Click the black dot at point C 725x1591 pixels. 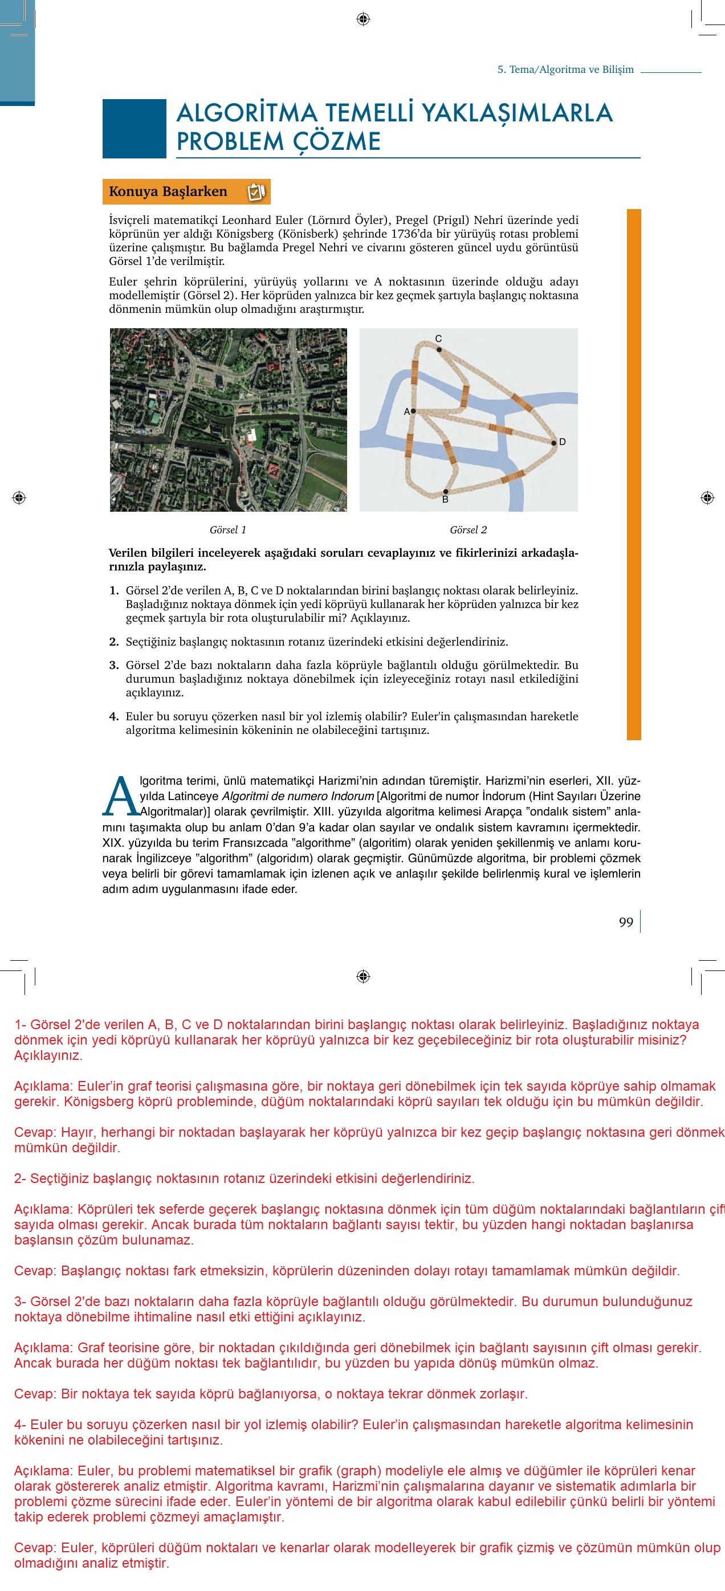[439, 349]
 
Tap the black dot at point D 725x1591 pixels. [554, 442]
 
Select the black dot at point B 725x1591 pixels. [445, 492]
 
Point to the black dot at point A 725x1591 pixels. [413, 411]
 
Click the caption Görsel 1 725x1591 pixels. [228, 530]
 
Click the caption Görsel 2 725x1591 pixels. [468, 530]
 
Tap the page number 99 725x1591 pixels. [626, 922]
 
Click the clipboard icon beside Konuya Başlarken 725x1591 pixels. [256, 192]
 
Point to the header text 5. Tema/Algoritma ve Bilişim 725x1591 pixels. [565, 69]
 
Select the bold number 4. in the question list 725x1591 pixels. [113, 716]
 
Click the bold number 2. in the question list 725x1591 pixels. [113, 642]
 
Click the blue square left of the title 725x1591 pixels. [134, 128]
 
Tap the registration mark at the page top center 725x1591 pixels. [363, 19]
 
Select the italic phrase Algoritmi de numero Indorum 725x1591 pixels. [298, 796]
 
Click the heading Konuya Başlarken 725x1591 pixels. [168, 191]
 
